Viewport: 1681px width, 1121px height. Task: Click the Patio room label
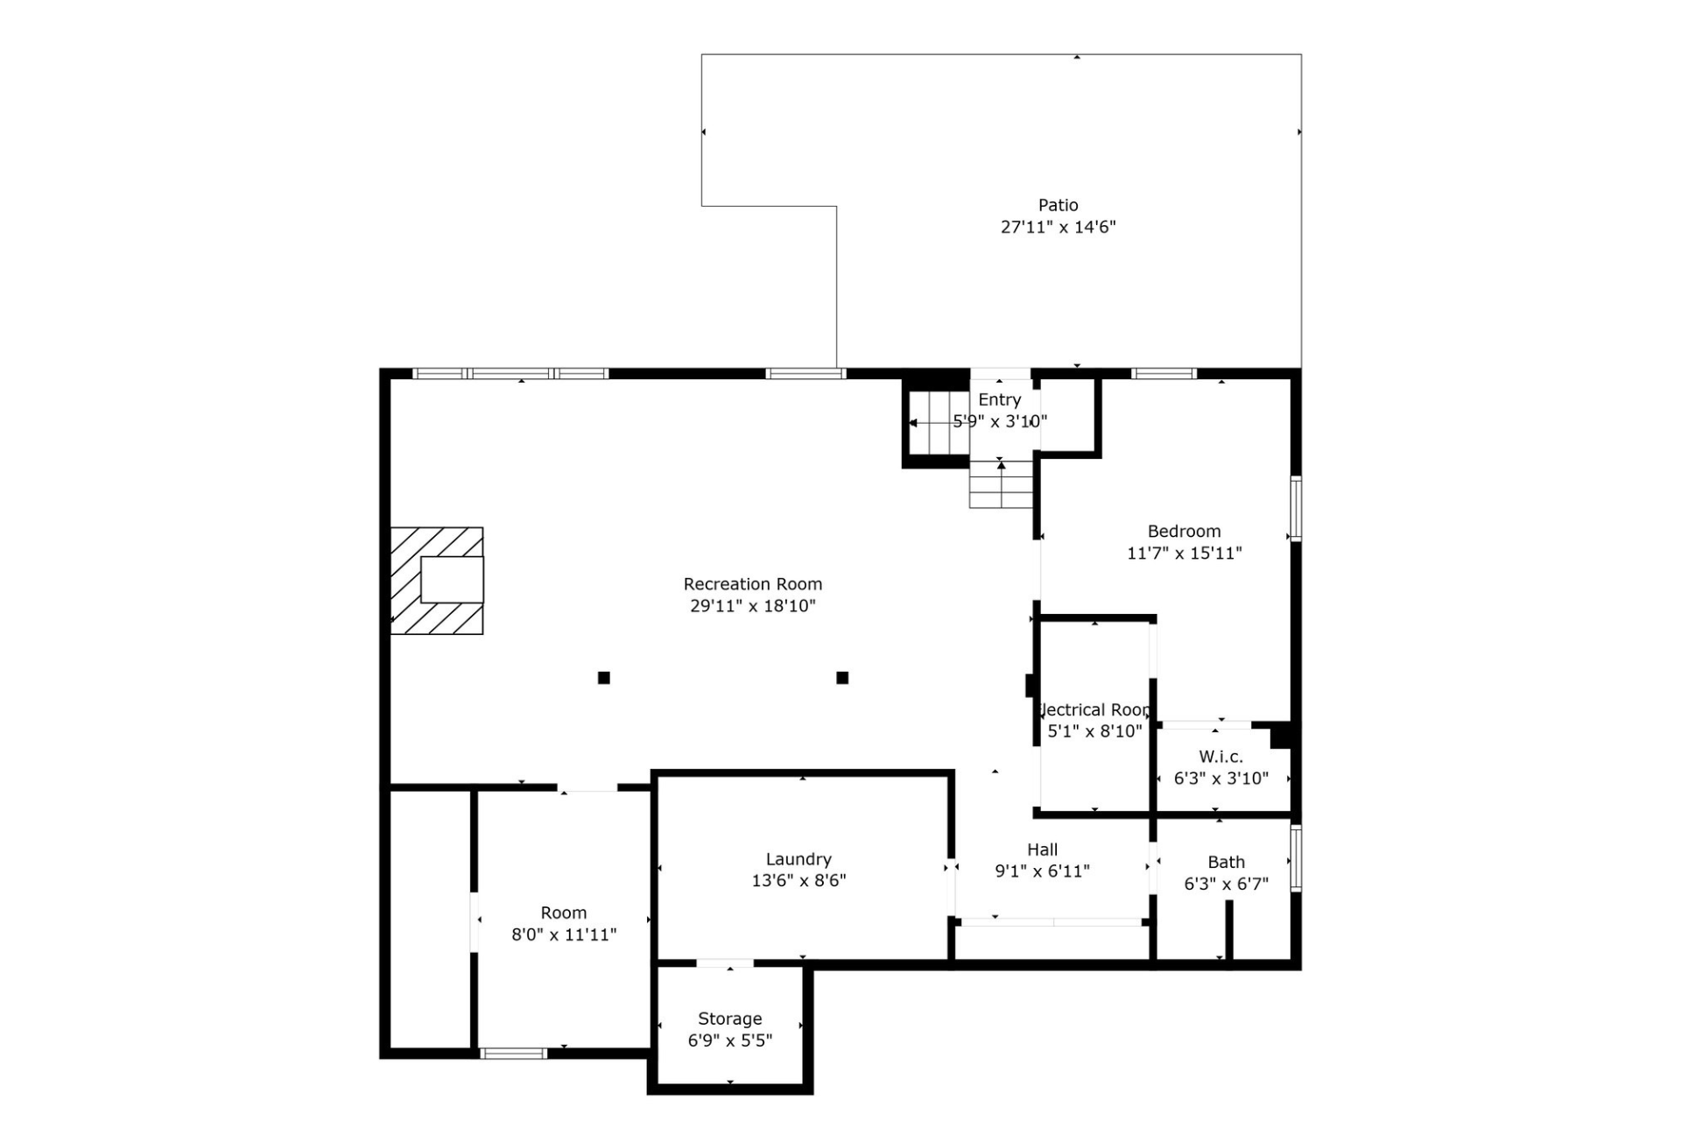pos(1058,205)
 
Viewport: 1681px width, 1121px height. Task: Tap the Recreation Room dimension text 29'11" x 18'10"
pos(752,606)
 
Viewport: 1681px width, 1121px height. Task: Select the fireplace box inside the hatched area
pos(452,580)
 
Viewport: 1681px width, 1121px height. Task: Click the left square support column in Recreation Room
pos(603,678)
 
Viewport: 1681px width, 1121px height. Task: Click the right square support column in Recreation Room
pos(842,678)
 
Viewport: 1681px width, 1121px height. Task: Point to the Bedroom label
pos(1184,532)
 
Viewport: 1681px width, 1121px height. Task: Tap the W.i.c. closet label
pos(1220,757)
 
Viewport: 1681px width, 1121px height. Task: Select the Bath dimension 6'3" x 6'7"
pos(1226,885)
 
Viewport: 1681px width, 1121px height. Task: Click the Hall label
pos(1042,850)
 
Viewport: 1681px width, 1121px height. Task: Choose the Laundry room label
pos(798,859)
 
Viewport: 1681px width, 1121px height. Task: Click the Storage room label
pos(729,1019)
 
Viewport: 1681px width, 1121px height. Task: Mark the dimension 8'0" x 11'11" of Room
pos(564,934)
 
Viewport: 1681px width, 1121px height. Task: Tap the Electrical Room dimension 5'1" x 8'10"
pos(1094,731)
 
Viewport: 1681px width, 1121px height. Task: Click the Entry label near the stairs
pos(999,399)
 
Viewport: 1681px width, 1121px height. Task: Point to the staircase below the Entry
pos(1001,486)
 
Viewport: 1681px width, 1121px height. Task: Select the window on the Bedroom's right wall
pos(1296,508)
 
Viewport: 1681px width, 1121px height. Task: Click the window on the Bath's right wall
pos(1296,858)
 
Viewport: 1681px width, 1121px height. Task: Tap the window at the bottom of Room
pos(513,1054)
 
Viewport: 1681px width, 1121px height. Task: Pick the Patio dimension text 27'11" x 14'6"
pos(1058,228)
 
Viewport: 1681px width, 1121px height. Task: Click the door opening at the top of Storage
pos(725,964)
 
